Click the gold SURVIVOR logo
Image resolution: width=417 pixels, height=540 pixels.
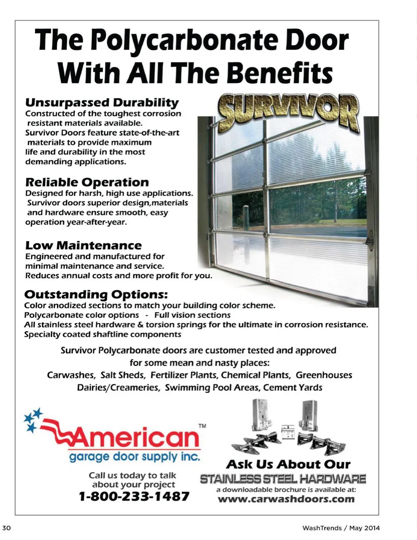pos(289,111)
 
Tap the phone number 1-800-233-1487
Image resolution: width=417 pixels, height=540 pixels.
pos(134,496)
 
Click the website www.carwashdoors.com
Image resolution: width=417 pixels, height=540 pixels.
pos(286,499)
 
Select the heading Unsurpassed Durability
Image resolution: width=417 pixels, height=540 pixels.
pos(102,103)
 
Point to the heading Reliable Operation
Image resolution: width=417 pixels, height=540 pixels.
pos(87,182)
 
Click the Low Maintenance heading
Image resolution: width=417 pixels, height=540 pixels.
pos(83,245)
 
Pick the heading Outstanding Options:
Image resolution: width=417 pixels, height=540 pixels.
pos(96,294)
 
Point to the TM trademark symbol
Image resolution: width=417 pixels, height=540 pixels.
pos(202,426)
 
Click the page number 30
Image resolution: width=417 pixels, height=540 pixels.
pos(7,528)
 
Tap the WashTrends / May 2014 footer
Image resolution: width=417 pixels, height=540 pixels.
pos(341,528)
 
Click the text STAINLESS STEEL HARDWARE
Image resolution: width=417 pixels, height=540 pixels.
pos(283,479)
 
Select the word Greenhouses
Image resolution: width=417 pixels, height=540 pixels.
pos(324,375)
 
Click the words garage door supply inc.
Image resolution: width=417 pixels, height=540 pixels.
pos(135,457)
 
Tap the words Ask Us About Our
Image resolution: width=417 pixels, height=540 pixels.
pos(288,464)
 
